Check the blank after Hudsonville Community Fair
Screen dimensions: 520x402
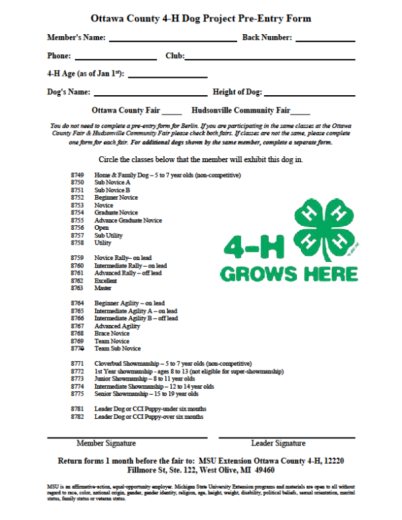[x=300, y=111]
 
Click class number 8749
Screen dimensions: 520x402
[x=77, y=176]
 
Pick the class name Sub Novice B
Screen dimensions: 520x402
[x=112, y=190]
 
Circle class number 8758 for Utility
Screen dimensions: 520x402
[x=77, y=243]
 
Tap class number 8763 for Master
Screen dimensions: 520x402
[x=77, y=288]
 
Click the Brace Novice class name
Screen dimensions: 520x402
[x=112, y=334]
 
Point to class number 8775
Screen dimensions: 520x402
[x=77, y=394]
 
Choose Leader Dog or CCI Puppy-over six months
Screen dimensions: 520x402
[x=149, y=417]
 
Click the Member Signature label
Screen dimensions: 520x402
[x=106, y=444]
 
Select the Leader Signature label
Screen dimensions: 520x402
[x=278, y=444]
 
